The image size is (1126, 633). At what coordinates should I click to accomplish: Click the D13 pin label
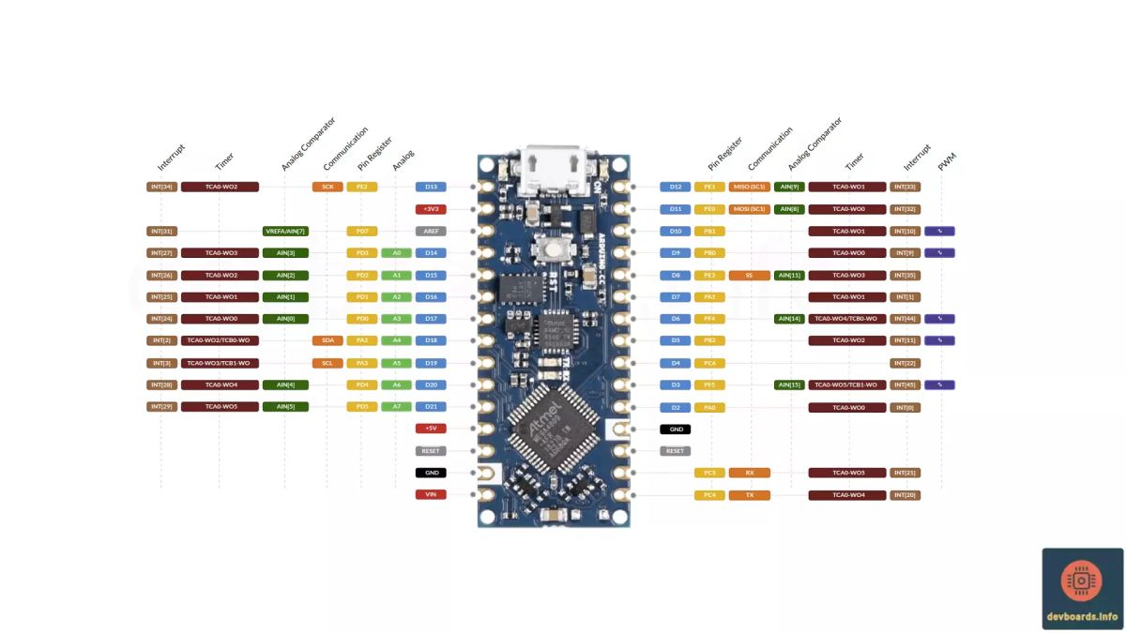pyautogui.click(x=431, y=187)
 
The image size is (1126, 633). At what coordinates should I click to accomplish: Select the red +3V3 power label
pyautogui.click(x=431, y=209)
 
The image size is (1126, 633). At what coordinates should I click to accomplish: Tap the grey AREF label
pyautogui.click(x=431, y=231)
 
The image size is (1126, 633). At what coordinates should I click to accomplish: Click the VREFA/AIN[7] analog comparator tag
pyautogui.click(x=285, y=231)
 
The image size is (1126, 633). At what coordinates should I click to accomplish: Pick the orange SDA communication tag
pyautogui.click(x=327, y=340)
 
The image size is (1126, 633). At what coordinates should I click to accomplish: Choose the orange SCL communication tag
pyautogui.click(x=327, y=363)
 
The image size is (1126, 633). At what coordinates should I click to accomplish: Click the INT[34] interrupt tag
pyautogui.click(x=161, y=187)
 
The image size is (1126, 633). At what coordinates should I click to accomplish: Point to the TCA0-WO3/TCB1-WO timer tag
pyautogui.click(x=220, y=363)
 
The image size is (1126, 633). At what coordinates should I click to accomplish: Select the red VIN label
pyautogui.click(x=431, y=494)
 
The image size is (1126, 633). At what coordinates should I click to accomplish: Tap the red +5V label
pyautogui.click(x=431, y=429)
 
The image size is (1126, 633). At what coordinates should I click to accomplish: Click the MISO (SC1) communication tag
pyautogui.click(x=749, y=187)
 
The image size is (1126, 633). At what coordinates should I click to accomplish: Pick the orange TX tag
pyautogui.click(x=749, y=494)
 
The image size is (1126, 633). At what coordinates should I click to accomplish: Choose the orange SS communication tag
pyautogui.click(x=749, y=275)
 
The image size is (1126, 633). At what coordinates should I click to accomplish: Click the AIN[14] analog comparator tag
pyautogui.click(x=789, y=319)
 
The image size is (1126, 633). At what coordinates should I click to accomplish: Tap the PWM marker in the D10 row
pyautogui.click(x=939, y=231)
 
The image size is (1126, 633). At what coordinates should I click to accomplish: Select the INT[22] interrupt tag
pyautogui.click(x=905, y=363)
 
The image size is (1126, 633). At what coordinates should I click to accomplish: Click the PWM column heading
pyautogui.click(x=947, y=162)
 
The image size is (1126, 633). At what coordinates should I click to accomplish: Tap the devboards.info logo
pyautogui.click(x=1082, y=589)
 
